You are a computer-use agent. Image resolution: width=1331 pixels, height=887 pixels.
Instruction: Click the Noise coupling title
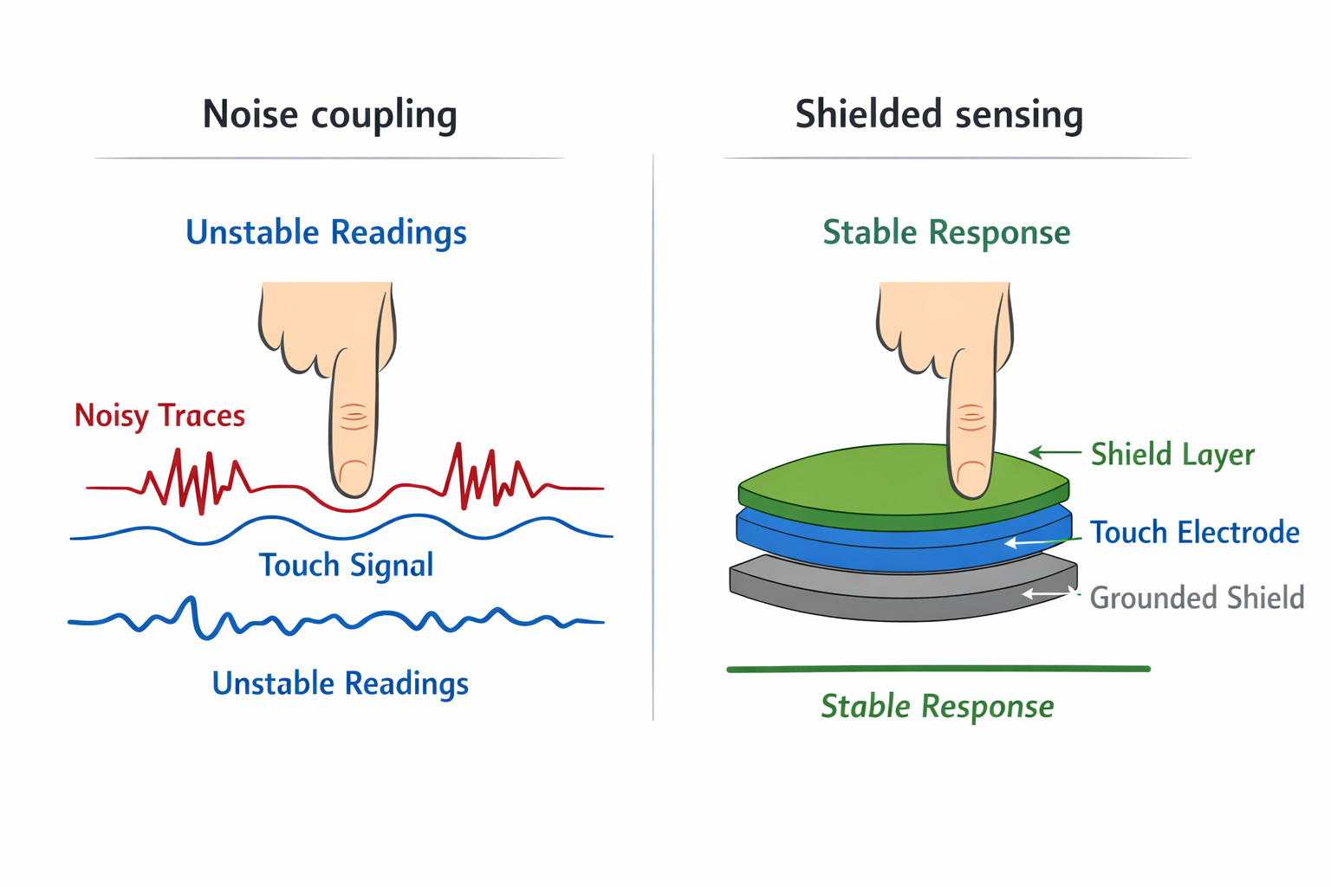[329, 115]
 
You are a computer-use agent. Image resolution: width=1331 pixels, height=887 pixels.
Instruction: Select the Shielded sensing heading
[938, 115]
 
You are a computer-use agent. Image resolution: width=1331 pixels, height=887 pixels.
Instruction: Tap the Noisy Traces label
[159, 416]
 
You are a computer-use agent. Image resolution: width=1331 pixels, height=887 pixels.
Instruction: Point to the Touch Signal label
[346, 566]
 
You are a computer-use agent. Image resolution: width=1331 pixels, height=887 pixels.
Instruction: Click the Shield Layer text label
[1172, 455]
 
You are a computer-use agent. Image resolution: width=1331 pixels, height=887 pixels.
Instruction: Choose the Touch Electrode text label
[1194, 533]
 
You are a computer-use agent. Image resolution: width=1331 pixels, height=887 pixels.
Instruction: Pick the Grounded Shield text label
[1196, 598]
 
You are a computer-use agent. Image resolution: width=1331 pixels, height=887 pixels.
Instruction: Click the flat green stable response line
[938, 669]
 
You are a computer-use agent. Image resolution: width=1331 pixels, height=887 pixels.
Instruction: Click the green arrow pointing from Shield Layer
[1054, 452]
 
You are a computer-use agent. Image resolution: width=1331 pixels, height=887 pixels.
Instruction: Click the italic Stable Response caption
[937, 707]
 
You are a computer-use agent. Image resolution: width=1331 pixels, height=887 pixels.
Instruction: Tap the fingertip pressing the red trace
[354, 476]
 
